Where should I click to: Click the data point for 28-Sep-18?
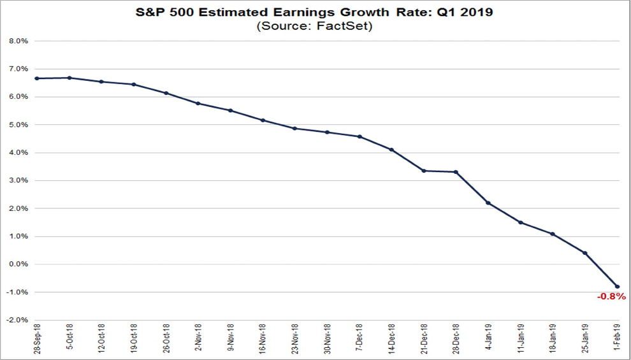coord(37,78)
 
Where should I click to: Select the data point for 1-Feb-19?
coord(617,287)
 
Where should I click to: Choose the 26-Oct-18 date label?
coord(166,341)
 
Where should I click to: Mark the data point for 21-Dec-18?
coord(424,171)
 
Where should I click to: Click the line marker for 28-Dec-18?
coord(456,172)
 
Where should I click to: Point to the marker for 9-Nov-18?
coord(230,110)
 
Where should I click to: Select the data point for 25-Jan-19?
coord(584,253)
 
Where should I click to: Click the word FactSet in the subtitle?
coord(349,26)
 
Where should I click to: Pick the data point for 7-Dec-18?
coord(359,136)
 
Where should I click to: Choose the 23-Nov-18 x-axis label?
coord(295,341)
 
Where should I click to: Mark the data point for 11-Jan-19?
coord(520,222)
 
